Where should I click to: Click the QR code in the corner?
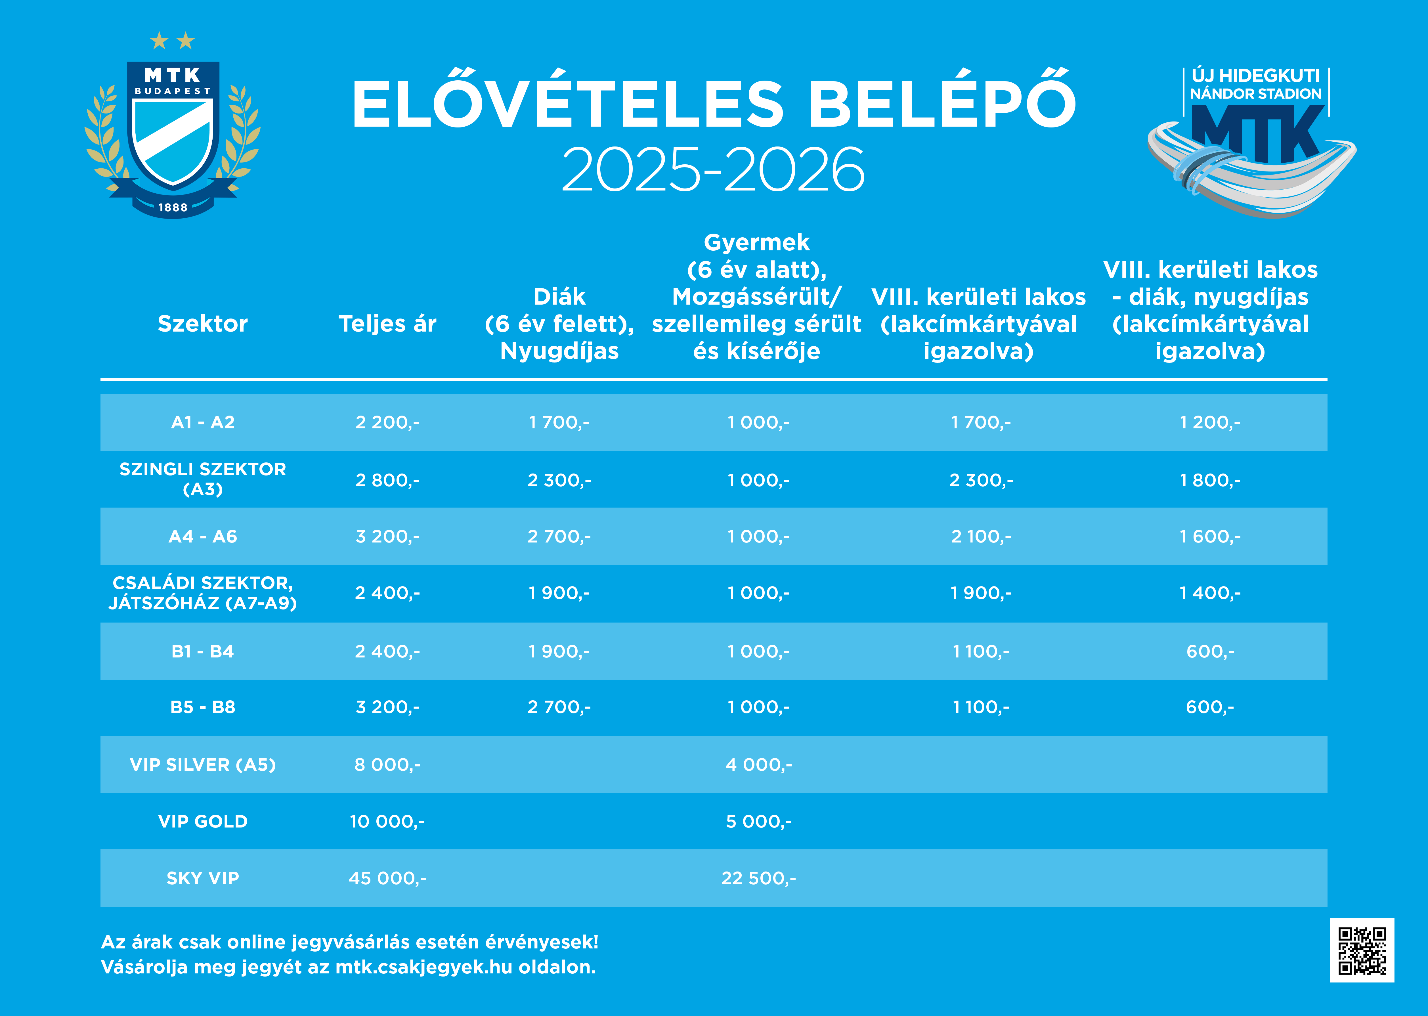[1362, 950]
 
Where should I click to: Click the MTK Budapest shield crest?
[173, 125]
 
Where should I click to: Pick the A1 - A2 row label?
[203, 422]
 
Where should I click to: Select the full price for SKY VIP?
[387, 878]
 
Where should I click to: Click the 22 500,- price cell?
[758, 878]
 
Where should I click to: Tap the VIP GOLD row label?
[203, 822]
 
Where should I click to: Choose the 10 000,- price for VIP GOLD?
[387, 822]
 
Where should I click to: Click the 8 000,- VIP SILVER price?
[387, 764]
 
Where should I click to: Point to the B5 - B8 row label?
[203, 707]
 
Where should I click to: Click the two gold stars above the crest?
[173, 41]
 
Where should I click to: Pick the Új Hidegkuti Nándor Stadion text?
[1255, 85]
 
